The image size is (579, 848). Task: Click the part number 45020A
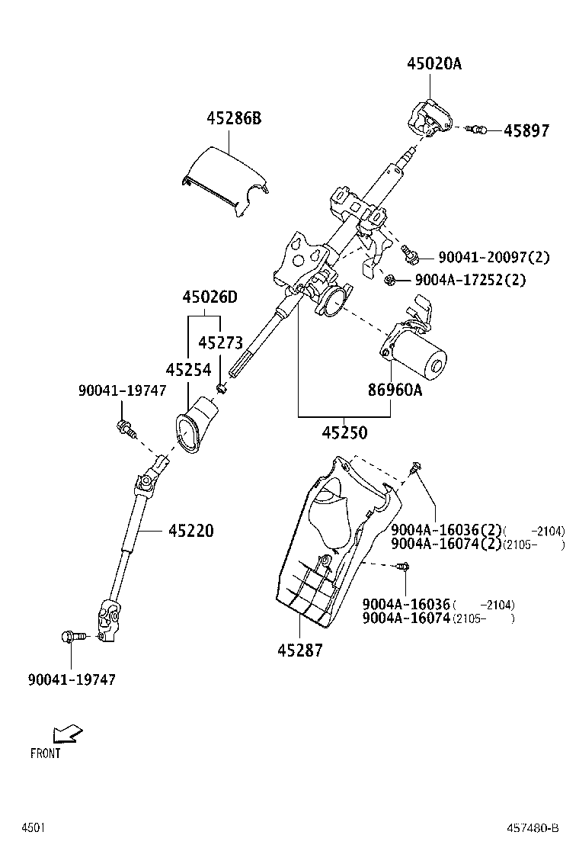433,64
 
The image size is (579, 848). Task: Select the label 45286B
233,118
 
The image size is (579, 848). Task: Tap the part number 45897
526,131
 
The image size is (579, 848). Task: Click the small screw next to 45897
478,130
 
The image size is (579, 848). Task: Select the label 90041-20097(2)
494,258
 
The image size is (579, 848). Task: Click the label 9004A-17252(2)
470,280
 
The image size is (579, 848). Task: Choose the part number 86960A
395,390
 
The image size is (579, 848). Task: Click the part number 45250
344,433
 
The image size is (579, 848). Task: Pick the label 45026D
210,297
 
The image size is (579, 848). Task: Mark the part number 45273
220,343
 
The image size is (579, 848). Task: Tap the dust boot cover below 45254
197,427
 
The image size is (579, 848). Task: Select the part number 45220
191,530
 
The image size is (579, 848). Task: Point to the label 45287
299,650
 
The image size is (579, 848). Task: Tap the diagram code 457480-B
533,828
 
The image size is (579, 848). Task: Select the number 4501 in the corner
33,828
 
